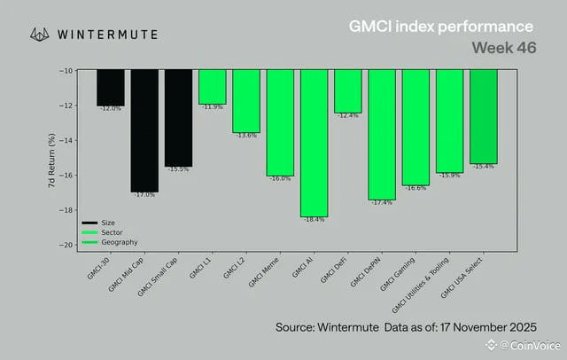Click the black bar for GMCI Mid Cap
[x=144, y=130]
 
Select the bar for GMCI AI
[x=314, y=143]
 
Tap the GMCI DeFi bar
[x=347, y=90]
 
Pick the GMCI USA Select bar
[x=483, y=116]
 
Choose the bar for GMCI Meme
[x=280, y=122]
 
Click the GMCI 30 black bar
[x=110, y=87]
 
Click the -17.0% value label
[x=144, y=194]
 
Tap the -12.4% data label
[x=347, y=115]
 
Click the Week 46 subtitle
[x=502, y=47]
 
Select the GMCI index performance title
[x=440, y=27]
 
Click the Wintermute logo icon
[x=39, y=35]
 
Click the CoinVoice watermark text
[x=530, y=345]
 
